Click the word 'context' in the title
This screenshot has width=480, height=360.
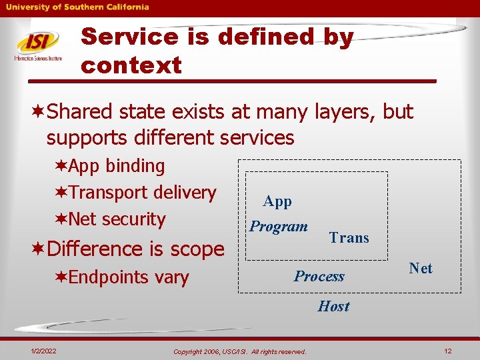(x=131, y=65)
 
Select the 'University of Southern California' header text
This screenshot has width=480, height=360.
(x=78, y=7)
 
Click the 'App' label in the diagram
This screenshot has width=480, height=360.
(x=277, y=201)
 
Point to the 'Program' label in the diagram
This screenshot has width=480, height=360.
(x=279, y=227)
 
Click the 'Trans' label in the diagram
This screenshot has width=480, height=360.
(x=349, y=238)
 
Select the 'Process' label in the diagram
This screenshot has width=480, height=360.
(x=319, y=277)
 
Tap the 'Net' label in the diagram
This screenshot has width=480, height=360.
(x=421, y=268)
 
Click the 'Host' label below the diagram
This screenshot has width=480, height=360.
(x=333, y=307)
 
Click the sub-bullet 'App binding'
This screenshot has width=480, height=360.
(x=116, y=165)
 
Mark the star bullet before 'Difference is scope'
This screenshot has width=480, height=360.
(x=39, y=249)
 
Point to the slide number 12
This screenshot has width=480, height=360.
(x=448, y=351)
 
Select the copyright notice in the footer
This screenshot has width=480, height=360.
(x=239, y=351)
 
